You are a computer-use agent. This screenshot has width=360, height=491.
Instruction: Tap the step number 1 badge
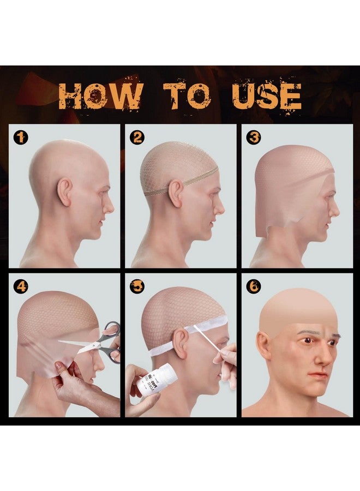pyautogui.click(x=21, y=138)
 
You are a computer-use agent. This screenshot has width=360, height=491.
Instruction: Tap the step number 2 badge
pyautogui.click(x=137, y=138)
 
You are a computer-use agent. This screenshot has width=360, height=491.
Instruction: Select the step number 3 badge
pyautogui.click(x=253, y=138)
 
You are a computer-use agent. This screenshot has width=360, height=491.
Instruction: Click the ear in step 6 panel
pyautogui.click(x=264, y=346)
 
